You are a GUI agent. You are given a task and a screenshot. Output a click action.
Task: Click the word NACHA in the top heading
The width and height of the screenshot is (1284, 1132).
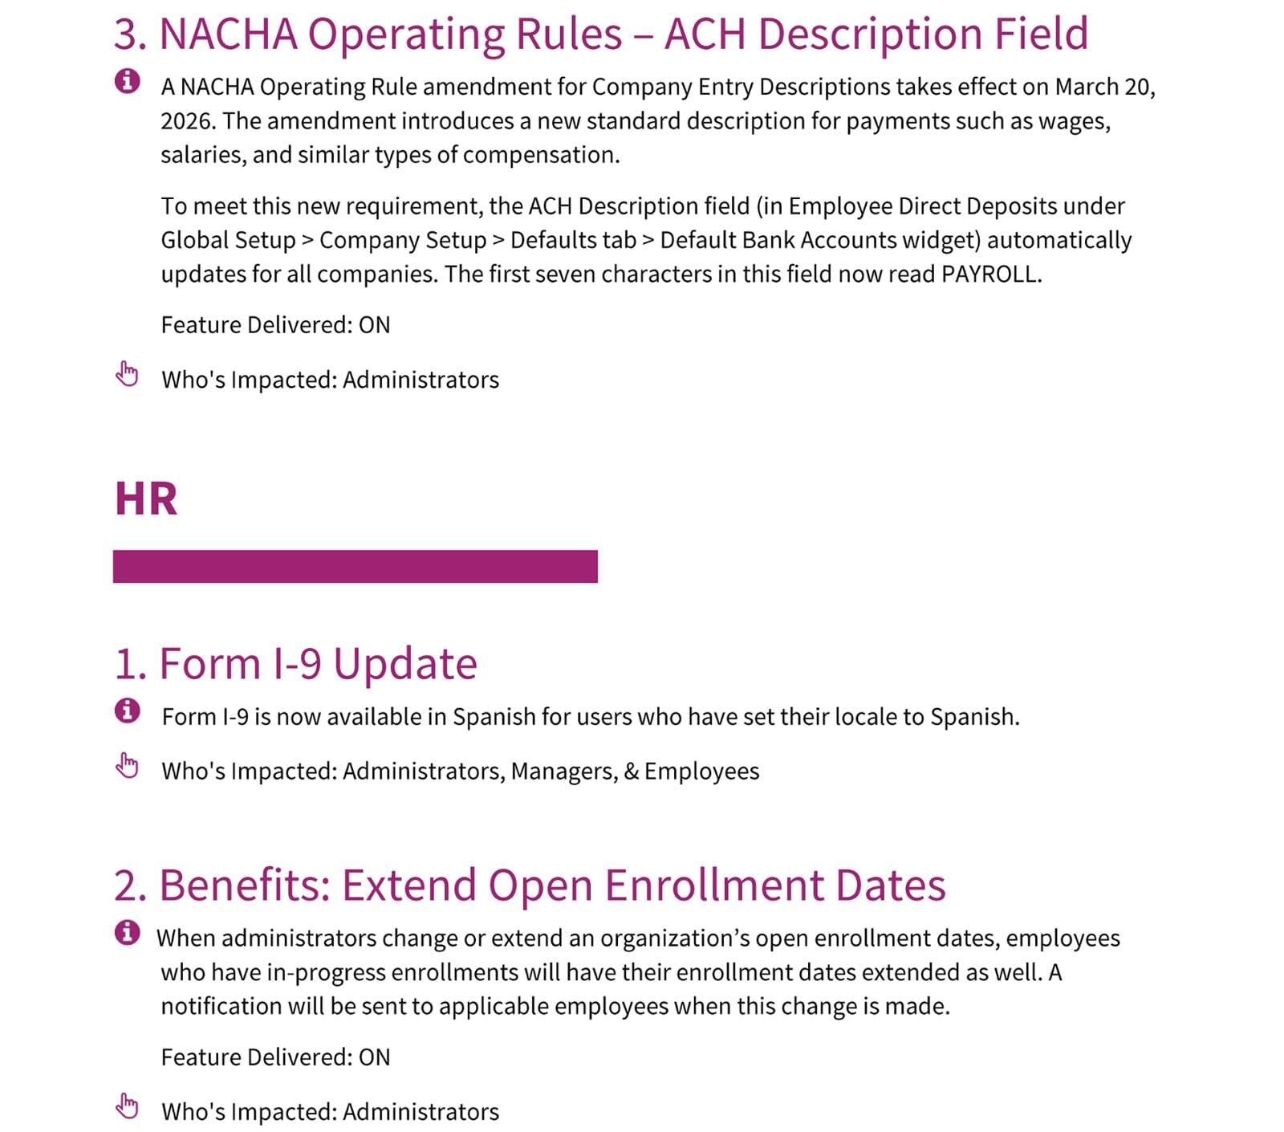(x=228, y=34)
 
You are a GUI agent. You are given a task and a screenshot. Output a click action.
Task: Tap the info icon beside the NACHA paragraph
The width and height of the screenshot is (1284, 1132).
(x=127, y=81)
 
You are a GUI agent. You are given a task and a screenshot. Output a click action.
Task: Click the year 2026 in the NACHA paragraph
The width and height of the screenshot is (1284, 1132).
(x=188, y=121)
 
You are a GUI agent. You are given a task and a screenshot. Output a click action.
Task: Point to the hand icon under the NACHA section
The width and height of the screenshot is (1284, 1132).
(x=127, y=374)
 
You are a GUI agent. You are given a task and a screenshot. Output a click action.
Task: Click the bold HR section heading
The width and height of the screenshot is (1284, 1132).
(x=145, y=499)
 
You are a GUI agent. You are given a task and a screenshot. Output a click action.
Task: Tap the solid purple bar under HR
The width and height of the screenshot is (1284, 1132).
(x=355, y=566)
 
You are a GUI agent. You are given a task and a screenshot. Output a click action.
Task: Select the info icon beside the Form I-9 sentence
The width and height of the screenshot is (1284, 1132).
(x=127, y=711)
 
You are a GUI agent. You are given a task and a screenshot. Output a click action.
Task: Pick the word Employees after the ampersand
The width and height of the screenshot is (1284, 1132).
(x=701, y=772)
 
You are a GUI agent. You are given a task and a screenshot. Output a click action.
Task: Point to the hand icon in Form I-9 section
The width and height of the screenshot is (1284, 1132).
(x=127, y=766)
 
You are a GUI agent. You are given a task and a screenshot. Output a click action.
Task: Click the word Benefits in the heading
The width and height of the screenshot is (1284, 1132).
(x=244, y=885)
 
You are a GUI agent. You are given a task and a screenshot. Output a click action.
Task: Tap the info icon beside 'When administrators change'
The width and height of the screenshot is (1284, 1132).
(x=127, y=933)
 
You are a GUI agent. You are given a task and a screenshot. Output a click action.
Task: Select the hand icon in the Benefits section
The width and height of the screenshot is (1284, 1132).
(x=127, y=1106)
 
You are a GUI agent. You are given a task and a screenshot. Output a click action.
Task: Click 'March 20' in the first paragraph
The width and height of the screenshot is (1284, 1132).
(x=1103, y=87)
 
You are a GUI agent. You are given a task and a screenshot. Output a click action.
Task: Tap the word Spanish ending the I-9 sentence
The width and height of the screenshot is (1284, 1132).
(x=973, y=717)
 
